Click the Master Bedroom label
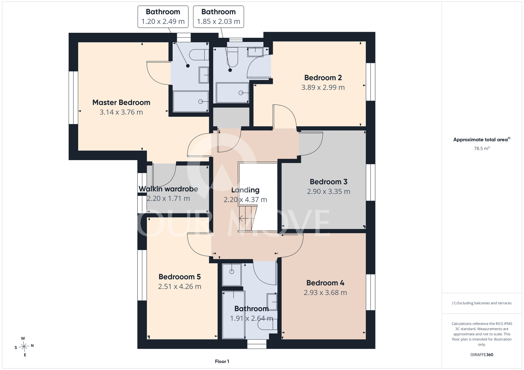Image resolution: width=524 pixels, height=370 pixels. coord(121,102)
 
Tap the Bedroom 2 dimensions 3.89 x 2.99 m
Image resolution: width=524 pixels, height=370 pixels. coord(323,87)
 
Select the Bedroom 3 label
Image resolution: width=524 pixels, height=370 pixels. coord(329,182)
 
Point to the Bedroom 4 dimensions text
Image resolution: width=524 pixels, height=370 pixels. coord(325,293)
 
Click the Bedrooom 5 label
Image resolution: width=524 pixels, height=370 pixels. coord(179,277)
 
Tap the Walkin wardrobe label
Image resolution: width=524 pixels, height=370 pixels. coord(168,189)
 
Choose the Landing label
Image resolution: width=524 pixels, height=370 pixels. coord(245,190)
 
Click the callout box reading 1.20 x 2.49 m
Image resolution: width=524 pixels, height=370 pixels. coord(163,17)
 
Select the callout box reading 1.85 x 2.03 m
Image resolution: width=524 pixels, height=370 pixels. coord(219,17)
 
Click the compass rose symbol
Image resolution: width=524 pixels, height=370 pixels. coord(24,347)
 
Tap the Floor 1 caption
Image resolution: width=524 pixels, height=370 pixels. coord(222,361)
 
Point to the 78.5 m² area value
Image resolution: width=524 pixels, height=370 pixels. coord(482,148)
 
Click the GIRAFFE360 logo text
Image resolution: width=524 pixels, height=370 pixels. coord(482,355)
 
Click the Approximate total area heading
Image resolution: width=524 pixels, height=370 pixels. coord(482,139)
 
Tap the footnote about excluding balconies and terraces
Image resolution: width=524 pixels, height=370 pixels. coord(482,303)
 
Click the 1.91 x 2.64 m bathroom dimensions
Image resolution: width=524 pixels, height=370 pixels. coord(252,318)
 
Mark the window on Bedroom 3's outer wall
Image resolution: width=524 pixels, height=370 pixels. coord(370,182)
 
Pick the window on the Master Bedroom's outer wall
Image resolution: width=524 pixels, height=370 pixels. coord(73,98)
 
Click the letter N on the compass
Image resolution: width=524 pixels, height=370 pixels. coord(32,346)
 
